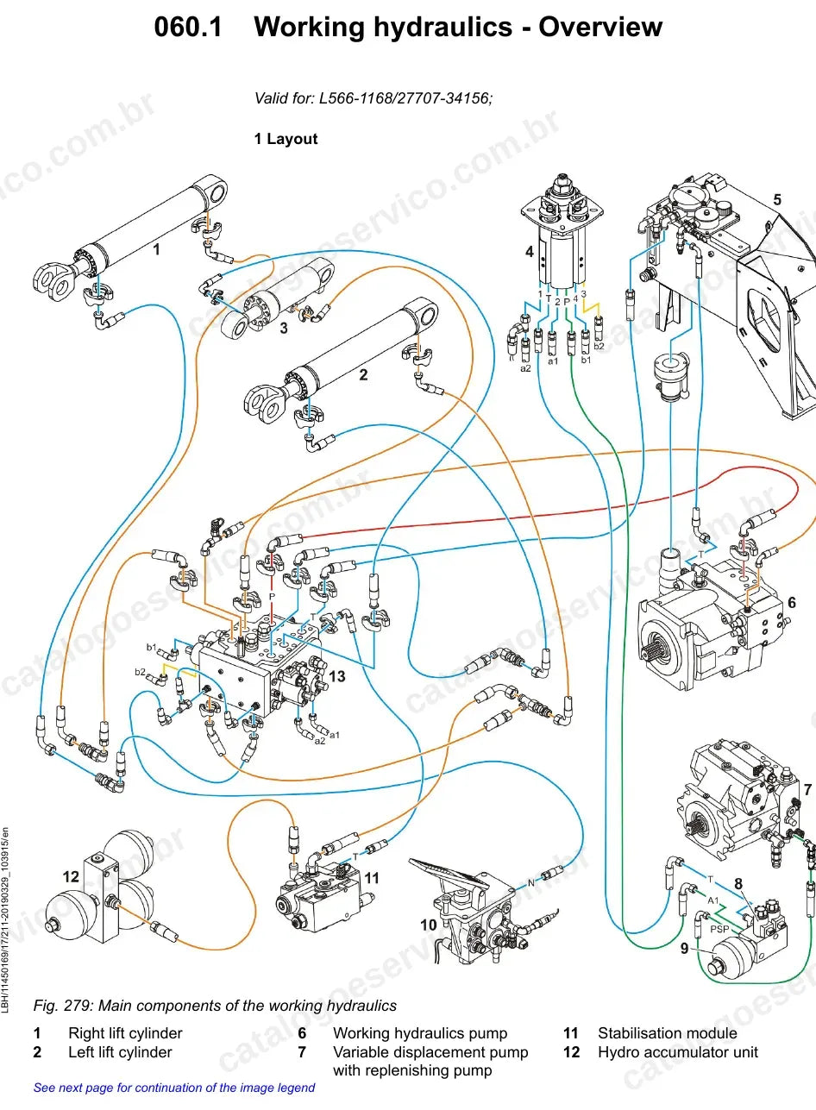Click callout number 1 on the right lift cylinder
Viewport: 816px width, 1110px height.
(157, 248)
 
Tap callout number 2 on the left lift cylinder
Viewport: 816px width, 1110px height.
(363, 374)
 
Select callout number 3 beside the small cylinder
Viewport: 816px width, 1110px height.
(284, 328)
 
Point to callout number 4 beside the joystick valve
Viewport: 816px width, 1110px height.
(530, 252)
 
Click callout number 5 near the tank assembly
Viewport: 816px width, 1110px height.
(777, 200)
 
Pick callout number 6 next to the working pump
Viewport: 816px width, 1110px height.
(791, 603)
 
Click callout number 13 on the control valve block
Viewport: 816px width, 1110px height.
(337, 676)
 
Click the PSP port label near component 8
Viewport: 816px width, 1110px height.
(719, 929)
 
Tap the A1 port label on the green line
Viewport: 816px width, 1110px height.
(712, 900)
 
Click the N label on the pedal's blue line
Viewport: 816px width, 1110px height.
(531, 882)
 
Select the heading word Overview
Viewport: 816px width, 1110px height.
(600, 27)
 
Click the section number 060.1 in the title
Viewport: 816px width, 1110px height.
(188, 27)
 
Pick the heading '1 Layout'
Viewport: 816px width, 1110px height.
(286, 139)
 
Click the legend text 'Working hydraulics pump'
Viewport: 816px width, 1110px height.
(420, 1033)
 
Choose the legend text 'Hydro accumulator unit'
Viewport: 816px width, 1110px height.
(678, 1052)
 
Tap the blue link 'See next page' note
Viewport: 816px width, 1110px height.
(174, 1088)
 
